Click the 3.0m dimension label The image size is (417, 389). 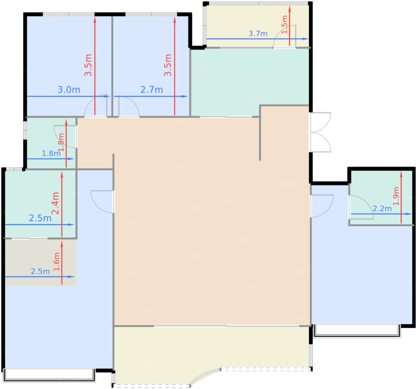coord(69,90)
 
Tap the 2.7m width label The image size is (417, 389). coord(152,90)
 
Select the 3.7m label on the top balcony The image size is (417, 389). coord(258,34)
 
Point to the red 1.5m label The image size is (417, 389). coord(284,24)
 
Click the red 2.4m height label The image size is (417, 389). coord(55,203)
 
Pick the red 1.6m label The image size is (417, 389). coord(57,261)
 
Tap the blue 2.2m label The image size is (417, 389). coord(382,208)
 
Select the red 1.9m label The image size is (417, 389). coord(396,196)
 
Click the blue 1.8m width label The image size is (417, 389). coord(51,153)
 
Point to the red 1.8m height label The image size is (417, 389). coord(61,142)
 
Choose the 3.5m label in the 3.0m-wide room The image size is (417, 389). coord(88,65)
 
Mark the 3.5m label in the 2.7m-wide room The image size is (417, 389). coord(168,65)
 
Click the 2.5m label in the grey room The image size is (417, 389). coord(40,271)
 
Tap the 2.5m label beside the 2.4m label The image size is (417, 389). coord(40,218)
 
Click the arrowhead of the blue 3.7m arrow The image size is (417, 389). coord(305,39)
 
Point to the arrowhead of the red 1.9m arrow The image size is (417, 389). coord(401,174)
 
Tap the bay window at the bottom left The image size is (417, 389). coord(49,375)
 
